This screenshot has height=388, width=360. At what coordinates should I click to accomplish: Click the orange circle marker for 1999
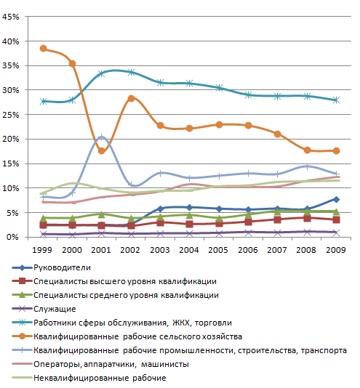[44, 48]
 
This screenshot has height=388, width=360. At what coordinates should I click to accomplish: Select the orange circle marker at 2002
[132, 98]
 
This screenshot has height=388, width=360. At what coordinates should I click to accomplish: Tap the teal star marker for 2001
[102, 73]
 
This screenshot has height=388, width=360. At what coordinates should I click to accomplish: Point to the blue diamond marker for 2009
[336, 199]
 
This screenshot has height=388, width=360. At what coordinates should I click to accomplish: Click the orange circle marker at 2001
[101, 150]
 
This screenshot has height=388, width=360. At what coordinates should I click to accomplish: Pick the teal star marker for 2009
[336, 100]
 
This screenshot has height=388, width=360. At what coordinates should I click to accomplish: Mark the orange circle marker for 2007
[278, 134]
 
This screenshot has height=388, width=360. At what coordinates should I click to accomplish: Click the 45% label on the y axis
[10, 17]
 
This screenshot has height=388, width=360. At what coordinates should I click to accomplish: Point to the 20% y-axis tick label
[10, 139]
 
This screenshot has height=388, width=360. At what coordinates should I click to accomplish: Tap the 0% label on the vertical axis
[12, 237]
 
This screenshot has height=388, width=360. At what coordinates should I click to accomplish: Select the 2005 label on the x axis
[218, 250]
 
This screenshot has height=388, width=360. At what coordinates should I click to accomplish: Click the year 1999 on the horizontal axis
[42, 250]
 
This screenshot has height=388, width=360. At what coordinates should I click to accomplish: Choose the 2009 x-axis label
[336, 250]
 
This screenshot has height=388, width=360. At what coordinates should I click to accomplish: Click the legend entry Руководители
[63, 267]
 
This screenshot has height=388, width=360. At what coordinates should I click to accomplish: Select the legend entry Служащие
[55, 309]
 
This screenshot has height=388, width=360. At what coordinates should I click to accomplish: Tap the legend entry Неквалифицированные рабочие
[100, 378]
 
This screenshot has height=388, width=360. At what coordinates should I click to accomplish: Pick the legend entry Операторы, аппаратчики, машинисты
[111, 364]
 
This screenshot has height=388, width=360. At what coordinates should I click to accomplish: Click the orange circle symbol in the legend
[22, 336]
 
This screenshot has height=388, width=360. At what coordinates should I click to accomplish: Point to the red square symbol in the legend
[22, 281]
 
